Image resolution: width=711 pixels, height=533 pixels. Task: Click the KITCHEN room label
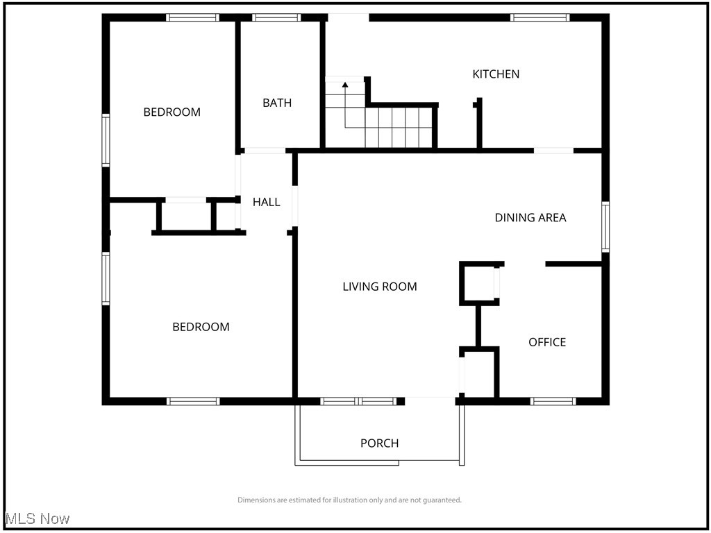(496, 74)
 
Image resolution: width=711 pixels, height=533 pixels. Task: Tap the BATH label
(277, 103)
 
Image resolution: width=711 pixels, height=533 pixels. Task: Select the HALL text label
(266, 202)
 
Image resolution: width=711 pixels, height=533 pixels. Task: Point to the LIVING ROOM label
(380, 286)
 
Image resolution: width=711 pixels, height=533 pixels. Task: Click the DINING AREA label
(530, 217)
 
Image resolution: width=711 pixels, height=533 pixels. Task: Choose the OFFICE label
(547, 342)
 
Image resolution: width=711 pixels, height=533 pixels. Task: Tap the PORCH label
(380, 443)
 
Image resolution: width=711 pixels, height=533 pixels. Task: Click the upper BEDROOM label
(172, 112)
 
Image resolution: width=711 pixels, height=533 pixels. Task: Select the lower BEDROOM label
(201, 327)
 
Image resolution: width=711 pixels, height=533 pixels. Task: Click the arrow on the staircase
(345, 85)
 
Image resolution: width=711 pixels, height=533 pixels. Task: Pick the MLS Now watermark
(37, 518)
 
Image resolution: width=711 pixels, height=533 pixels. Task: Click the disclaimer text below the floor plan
(349, 500)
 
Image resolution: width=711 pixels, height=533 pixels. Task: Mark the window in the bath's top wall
(276, 17)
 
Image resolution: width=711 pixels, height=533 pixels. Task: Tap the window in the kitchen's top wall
(539, 17)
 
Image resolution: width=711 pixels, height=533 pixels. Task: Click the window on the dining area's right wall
(605, 226)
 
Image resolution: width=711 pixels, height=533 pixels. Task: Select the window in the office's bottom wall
(553, 401)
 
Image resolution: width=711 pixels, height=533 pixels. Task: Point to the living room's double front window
(358, 401)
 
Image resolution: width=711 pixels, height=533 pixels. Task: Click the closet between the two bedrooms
(186, 217)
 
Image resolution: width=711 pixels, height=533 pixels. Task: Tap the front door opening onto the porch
(430, 400)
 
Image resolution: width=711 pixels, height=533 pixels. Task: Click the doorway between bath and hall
(265, 151)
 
